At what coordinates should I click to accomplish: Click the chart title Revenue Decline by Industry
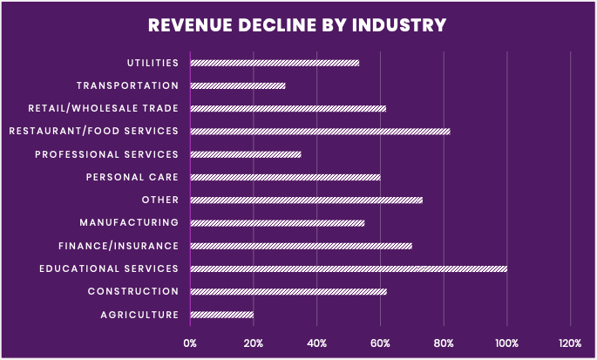297,24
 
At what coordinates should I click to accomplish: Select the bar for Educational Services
349,268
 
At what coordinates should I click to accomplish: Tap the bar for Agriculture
222,314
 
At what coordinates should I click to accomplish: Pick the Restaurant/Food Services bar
320,131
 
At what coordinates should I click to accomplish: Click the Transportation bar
238,85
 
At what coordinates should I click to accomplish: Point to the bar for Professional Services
246,154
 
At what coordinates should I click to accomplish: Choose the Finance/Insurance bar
301,246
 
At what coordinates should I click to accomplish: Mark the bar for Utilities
275,63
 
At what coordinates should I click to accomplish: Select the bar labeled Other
306,200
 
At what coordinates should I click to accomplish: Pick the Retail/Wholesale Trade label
103,109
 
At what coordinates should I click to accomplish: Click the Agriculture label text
139,315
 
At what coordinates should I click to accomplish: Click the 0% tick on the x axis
190,343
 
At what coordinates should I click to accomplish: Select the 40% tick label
317,343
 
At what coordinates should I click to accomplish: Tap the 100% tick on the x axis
507,343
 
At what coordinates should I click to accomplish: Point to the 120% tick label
570,343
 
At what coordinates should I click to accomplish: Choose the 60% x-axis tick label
381,343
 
